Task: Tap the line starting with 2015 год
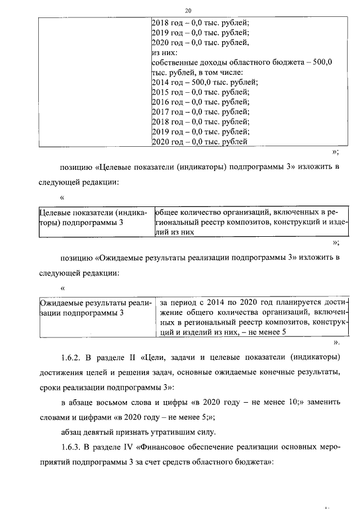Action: tap(200, 92)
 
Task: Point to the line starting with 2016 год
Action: tap(200, 102)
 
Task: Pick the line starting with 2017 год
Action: tap(200, 112)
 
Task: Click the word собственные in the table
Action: tap(176, 62)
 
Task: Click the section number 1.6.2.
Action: tap(72, 357)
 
